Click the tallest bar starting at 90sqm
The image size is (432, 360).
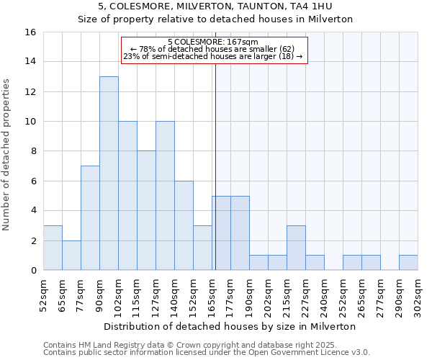(109, 173)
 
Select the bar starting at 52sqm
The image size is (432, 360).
(53, 248)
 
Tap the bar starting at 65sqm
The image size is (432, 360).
(71, 255)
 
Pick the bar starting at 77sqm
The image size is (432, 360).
(90, 217)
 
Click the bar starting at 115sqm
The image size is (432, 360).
(146, 210)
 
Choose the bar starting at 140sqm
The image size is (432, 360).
(184, 225)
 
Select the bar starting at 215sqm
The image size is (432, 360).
(296, 248)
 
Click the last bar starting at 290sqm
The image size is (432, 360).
(408, 263)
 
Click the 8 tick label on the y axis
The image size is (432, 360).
(33, 151)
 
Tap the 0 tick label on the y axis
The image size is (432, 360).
(33, 271)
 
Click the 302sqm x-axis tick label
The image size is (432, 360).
(418, 294)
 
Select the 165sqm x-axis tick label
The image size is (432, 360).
(212, 294)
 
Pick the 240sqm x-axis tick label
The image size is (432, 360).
(324, 294)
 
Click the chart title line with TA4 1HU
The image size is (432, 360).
(215, 6)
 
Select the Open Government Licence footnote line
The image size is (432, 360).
(207, 353)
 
